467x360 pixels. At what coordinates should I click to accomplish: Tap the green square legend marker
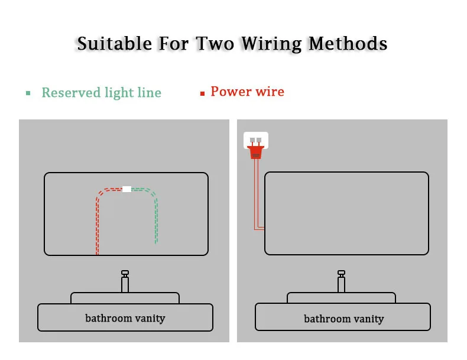(28, 93)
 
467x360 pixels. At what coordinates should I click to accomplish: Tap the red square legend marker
(202, 93)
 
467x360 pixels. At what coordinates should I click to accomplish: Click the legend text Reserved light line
(101, 93)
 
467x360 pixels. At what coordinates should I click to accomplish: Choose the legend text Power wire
(247, 92)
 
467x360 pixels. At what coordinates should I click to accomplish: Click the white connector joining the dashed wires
(127, 189)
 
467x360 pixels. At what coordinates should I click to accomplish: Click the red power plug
(255, 152)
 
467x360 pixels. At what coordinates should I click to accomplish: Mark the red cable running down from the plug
(255, 195)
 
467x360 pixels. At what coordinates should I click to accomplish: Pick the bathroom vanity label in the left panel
(125, 318)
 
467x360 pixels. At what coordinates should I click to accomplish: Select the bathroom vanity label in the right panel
(343, 319)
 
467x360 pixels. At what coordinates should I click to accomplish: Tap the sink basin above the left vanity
(125, 298)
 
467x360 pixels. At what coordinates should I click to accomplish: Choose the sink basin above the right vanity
(342, 298)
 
